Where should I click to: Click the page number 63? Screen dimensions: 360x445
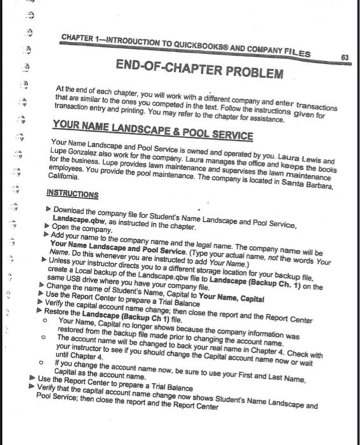(x=345, y=57)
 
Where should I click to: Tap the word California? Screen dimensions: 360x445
(x=62, y=179)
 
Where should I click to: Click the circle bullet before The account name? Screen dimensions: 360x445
(x=42, y=338)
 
